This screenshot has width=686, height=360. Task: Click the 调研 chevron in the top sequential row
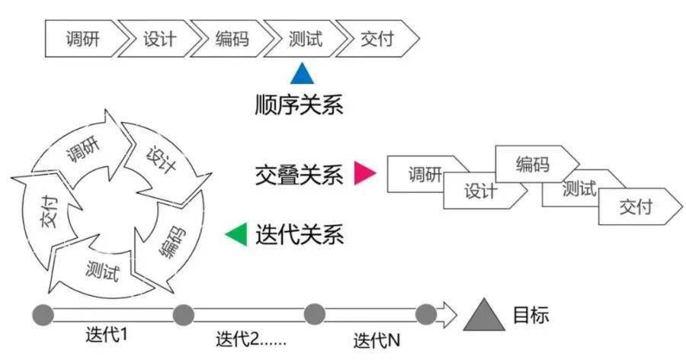click(82, 39)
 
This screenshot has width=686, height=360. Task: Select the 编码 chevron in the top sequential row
click(231, 39)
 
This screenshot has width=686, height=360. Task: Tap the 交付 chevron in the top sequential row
click(377, 39)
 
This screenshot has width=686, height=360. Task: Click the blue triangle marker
click(302, 74)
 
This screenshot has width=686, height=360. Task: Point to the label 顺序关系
click(300, 104)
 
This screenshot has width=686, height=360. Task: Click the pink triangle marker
click(365, 174)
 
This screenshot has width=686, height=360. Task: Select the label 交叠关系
click(300, 175)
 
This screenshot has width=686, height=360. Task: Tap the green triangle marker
click(237, 234)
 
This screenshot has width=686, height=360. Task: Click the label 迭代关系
click(300, 234)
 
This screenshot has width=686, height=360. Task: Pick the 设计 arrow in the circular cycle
click(165, 160)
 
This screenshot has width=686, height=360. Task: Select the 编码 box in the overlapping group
click(534, 163)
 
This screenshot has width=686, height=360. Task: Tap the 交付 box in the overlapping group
click(637, 206)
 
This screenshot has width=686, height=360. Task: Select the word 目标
click(530, 314)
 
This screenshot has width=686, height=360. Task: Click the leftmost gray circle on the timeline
click(43, 314)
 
